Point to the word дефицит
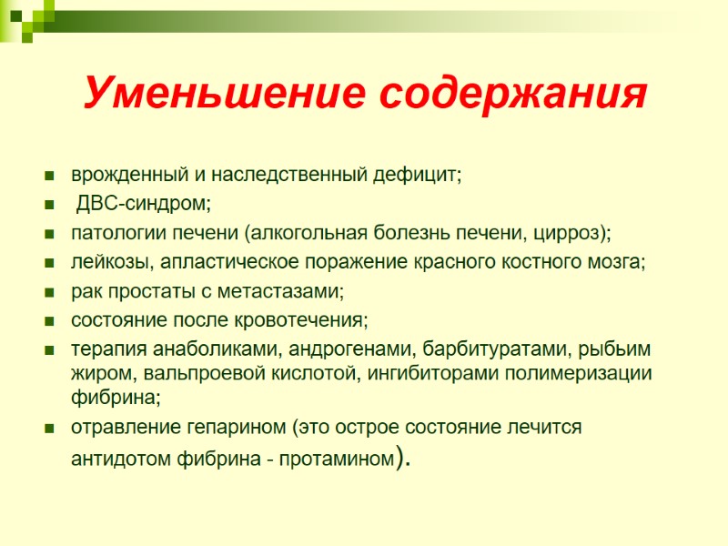click(424, 174)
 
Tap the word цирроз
click(577, 234)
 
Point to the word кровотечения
click(309, 321)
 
